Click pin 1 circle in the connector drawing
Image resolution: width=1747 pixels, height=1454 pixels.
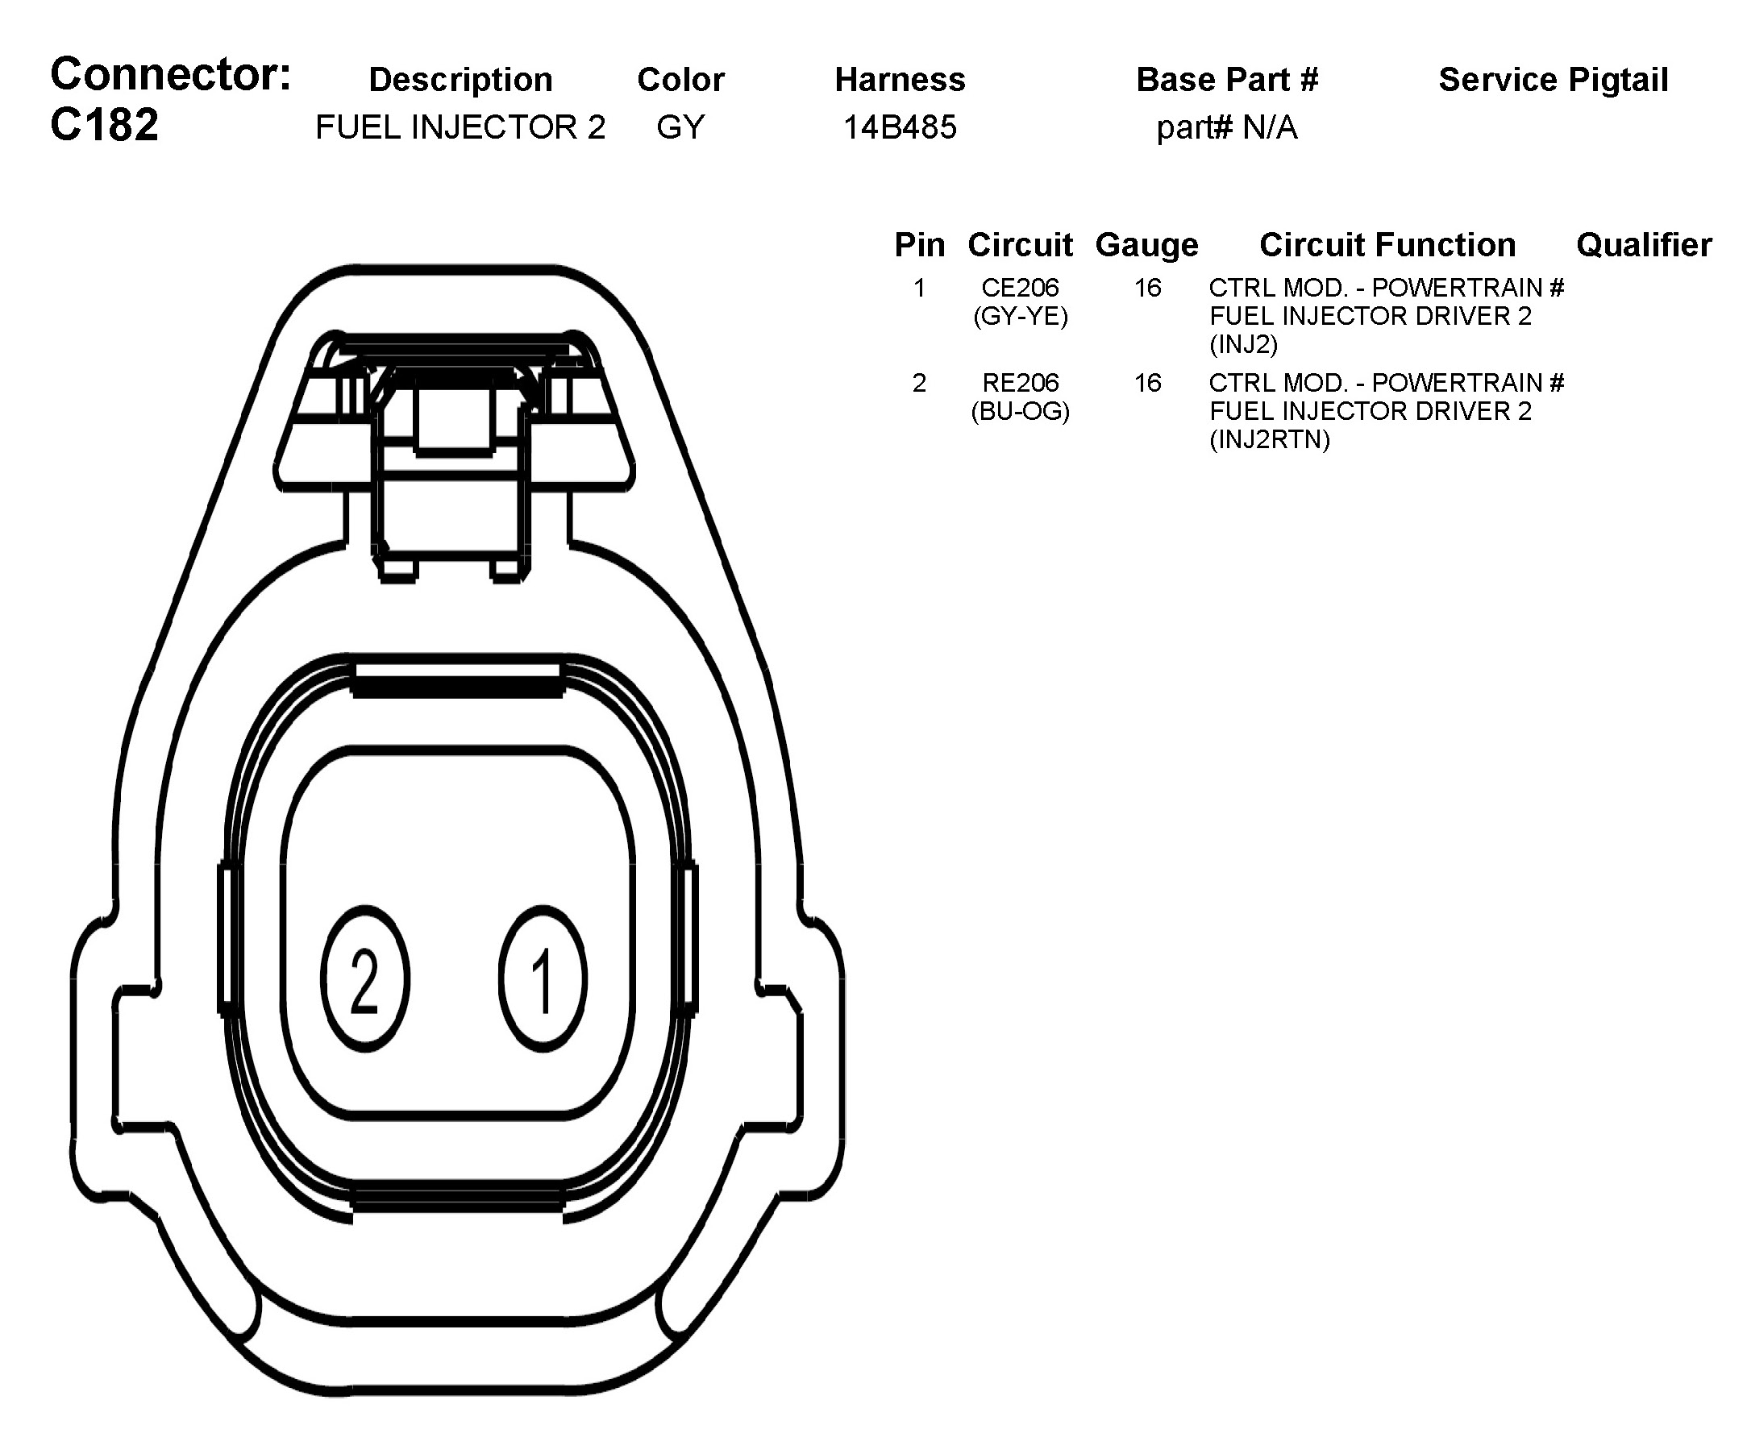pos(543,979)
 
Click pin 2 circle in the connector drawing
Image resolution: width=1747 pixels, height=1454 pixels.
pos(364,979)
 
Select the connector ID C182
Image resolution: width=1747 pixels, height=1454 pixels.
pos(104,126)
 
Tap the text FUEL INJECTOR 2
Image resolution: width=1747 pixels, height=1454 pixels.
pos(460,127)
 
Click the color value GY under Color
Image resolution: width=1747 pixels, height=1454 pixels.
pos(680,127)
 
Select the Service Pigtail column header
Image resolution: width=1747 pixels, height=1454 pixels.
pos(1553,80)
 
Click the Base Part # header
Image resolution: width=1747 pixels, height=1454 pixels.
pos(1226,80)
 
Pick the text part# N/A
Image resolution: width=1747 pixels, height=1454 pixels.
pos(1226,127)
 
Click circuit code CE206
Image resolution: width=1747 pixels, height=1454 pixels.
pos(1020,288)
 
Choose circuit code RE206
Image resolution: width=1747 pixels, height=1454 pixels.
pos(1020,383)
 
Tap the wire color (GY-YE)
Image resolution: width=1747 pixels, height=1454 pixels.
pos(1020,316)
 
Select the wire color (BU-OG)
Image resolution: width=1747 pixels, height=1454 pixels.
pos(1020,411)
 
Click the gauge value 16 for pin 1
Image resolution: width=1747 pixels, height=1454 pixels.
pos(1147,288)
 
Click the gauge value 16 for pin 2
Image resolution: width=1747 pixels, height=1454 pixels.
pos(1147,383)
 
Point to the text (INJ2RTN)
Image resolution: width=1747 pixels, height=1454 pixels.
pos(1270,439)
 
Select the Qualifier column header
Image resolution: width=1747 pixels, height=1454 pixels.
pos(1643,245)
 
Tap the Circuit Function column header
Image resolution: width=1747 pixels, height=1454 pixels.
pos(1387,245)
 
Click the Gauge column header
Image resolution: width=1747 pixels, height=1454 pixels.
pos(1146,245)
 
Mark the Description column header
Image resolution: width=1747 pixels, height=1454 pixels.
pos(460,80)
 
